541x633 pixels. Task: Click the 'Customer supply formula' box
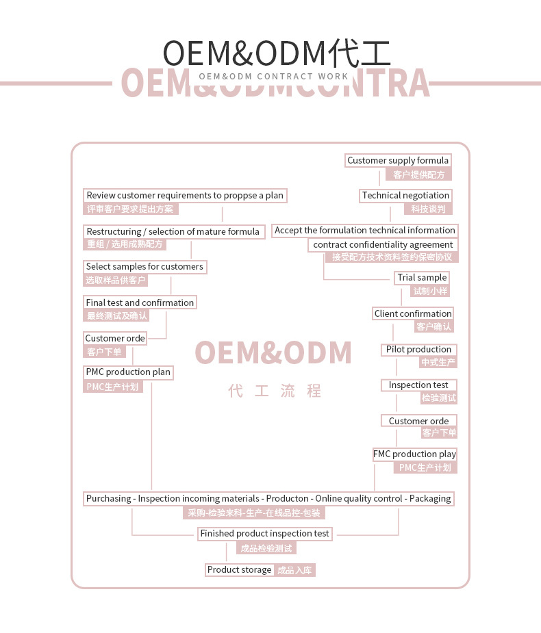pyautogui.click(x=398, y=161)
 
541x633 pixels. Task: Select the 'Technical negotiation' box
pyautogui.click(x=405, y=196)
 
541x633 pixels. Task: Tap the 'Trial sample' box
pyautogui.click(x=422, y=278)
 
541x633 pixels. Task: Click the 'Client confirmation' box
pyautogui.click(x=413, y=314)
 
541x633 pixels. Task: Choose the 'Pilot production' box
pyautogui.click(x=418, y=350)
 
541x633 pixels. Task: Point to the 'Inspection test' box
pyautogui.click(x=418, y=385)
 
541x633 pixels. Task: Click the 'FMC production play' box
pyautogui.click(x=414, y=454)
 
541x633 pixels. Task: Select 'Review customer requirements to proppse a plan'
pyautogui.click(x=185, y=196)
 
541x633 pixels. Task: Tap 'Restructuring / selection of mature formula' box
pyautogui.click(x=173, y=232)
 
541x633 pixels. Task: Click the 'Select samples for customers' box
pyautogui.click(x=144, y=267)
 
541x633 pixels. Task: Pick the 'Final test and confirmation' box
pyautogui.click(x=140, y=302)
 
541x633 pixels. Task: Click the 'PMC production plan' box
pyautogui.click(x=128, y=372)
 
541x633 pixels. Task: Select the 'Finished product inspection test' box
pyautogui.click(x=264, y=534)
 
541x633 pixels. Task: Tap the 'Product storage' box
pyautogui.click(x=240, y=570)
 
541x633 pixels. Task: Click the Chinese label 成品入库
pyautogui.click(x=295, y=570)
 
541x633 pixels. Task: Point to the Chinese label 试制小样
pyautogui.click(x=430, y=291)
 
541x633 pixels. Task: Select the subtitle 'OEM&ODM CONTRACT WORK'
pyautogui.click(x=274, y=77)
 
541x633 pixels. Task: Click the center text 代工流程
pyautogui.click(x=275, y=391)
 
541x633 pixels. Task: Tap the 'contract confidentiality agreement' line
pyautogui.click(x=383, y=245)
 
